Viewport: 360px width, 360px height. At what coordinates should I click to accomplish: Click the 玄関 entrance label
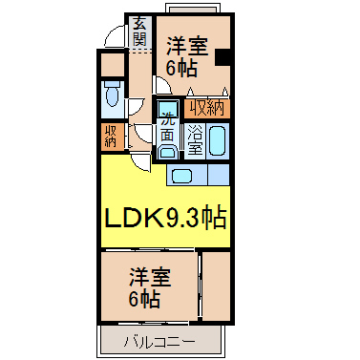(x=139, y=31)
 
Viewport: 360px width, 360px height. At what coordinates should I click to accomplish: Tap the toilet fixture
(x=112, y=94)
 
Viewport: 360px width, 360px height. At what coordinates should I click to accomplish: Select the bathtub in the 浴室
(x=218, y=140)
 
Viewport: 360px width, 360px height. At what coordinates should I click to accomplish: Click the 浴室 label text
(x=195, y=139)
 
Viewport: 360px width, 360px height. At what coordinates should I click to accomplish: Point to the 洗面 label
(x=167, y=128)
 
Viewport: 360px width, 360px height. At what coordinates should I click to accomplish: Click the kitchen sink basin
(x=182, y=176)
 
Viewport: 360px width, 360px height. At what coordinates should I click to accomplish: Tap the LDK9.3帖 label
(x=165, y=218)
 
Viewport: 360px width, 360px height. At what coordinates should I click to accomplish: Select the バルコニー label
(x=159, y=342)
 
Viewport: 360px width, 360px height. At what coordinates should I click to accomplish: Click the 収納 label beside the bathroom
(x=207, y=109)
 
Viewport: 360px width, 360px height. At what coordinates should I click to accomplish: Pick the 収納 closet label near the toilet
(x=111, y=137)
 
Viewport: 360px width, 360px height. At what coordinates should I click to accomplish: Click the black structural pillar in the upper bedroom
(x=222, y=57)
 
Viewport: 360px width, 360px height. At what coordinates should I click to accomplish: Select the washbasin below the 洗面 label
(x=167, y=151)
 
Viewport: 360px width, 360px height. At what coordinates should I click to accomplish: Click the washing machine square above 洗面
(x=168, y=107)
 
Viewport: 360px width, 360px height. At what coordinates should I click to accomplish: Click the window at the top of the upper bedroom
(x=193, y=9)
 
